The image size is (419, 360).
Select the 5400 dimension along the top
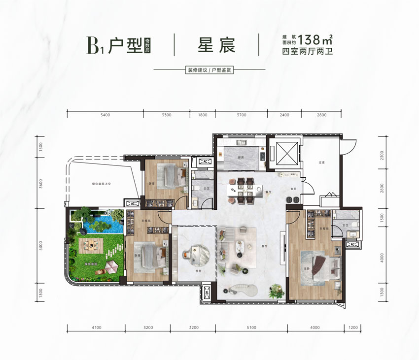[x=105, y=115]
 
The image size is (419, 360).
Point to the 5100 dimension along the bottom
[x=251, y=327]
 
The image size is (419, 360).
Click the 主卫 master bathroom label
[x=340, y=225]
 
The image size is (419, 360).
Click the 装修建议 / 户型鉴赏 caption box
[x=209, y=70]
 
